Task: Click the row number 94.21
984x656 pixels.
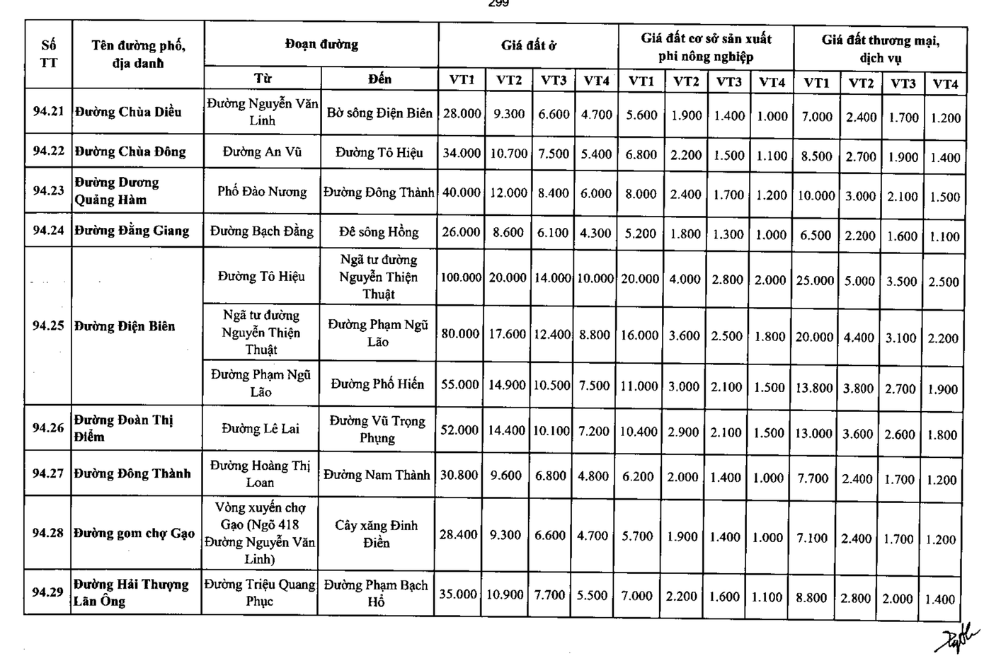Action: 48,111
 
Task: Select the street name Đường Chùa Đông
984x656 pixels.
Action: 130,151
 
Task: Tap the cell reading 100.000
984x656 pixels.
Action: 460,277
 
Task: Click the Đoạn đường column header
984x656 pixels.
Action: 321,45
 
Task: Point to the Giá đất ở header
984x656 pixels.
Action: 528,45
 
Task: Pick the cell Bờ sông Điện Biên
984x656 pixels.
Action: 379,113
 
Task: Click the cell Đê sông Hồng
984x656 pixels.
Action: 379,231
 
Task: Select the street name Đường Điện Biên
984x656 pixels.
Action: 125,326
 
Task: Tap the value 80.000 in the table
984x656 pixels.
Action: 460,333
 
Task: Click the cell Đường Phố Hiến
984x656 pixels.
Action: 377,384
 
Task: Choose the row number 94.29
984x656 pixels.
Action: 47,592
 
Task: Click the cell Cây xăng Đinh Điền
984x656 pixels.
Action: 376,534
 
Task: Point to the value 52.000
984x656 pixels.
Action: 459,430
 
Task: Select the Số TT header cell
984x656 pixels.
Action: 48,54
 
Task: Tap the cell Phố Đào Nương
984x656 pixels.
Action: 262,192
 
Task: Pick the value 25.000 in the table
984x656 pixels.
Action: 815,281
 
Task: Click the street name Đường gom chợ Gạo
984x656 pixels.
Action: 134,533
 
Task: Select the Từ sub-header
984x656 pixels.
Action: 262,78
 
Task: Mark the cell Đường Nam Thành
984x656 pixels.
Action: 377,475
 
